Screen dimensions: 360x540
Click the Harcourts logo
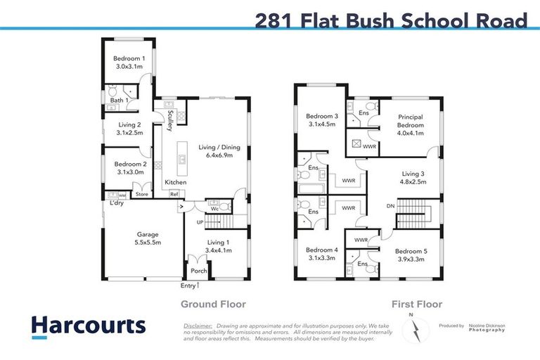click(x=88, y=326)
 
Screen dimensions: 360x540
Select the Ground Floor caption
click(x=213, y=304)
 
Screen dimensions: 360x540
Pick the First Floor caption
click(x=417, y=304)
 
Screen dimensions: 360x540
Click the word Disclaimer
click(x=198, y=326)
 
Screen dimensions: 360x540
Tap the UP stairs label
click(x=200, y=223)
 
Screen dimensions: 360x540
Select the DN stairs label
click(x=391, y=206)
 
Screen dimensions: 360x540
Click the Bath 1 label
click(x=119, y=101)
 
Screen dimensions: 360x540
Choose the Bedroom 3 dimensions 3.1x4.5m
click(x=321, y=124)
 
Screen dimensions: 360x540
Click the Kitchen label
click(x=175, y=183)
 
